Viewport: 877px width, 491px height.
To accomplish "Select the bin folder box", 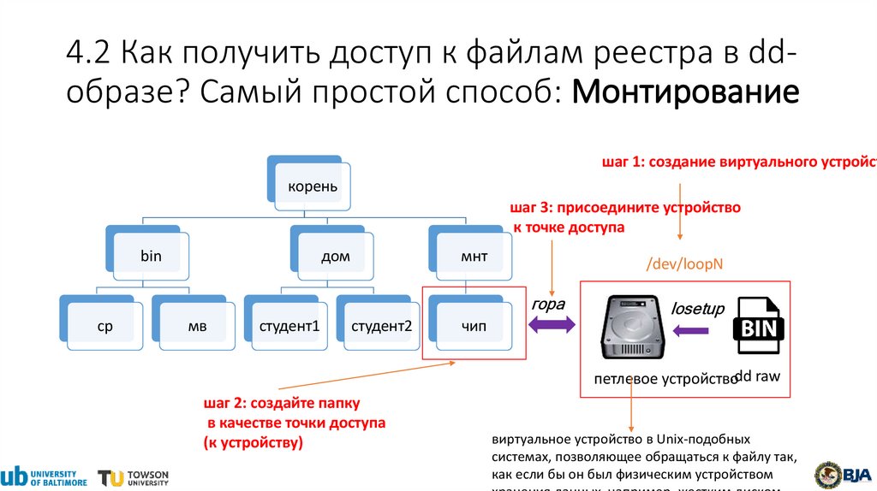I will click(x=150, y=254).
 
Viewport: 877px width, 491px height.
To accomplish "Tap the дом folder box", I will click(x=335, y=254).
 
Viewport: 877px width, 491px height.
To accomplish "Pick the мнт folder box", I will click(x=474, y=254).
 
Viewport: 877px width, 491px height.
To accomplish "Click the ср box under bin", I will click(x=104, y=325).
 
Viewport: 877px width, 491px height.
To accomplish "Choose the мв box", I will click(x=196, y=325).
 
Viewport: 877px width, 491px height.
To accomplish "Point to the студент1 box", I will click(x=289, y=325).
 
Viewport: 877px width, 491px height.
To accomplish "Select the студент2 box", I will click(x=381, y=325).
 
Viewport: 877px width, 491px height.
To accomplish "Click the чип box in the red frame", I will click(x=474, y=325).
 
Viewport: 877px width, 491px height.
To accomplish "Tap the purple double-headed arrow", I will click(x=552, y=326).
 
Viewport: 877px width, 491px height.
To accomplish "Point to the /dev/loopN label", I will click(x=685, y=263).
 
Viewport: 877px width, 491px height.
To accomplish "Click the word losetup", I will click(x=697, y=308).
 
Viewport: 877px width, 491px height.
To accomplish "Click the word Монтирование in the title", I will click(x=685, y=90).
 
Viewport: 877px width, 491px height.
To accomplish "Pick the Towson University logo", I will click(x=134, y=477).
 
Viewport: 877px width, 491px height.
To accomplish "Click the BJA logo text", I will click(x=856, y=475).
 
